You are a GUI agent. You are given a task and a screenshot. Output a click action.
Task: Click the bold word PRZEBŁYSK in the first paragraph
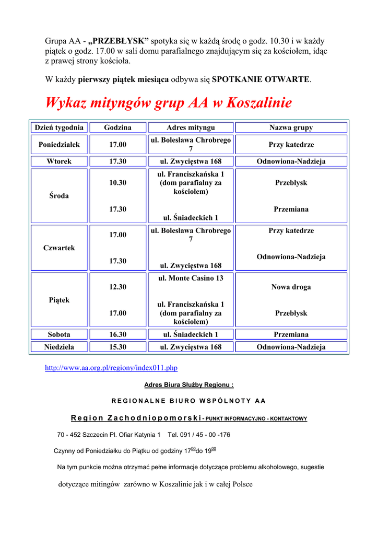click(119, 41)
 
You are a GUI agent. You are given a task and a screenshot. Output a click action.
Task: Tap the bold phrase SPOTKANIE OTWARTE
click(261, 79)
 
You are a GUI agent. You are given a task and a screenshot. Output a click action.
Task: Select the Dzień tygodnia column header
click(59, 127)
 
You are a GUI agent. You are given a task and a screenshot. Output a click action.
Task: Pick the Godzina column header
click(117, 127)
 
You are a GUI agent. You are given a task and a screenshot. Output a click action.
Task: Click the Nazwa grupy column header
click(291, 127)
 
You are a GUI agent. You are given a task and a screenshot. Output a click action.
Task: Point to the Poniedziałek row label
click(59, 144)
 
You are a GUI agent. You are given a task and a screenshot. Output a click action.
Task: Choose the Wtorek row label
click(59, 161)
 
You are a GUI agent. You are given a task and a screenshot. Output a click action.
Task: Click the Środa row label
click(59, 196)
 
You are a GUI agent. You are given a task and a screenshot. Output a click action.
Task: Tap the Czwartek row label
click(59, 248)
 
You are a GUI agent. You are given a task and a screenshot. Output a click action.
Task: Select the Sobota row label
click(59, 334)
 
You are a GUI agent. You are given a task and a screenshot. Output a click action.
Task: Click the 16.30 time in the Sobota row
click(117, 334)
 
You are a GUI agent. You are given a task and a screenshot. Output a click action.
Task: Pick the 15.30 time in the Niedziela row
click(117, 347)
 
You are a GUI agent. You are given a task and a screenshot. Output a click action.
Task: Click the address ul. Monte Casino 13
click(191, 278)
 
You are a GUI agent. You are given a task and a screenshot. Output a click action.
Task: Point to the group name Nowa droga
click(291, 287)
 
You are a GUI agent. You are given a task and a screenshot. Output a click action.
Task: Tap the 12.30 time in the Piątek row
click(117, 287)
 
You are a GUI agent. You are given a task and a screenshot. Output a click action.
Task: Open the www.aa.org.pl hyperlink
click(111, 368)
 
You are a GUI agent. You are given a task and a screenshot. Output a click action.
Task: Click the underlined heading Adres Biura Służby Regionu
click(188, 385)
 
